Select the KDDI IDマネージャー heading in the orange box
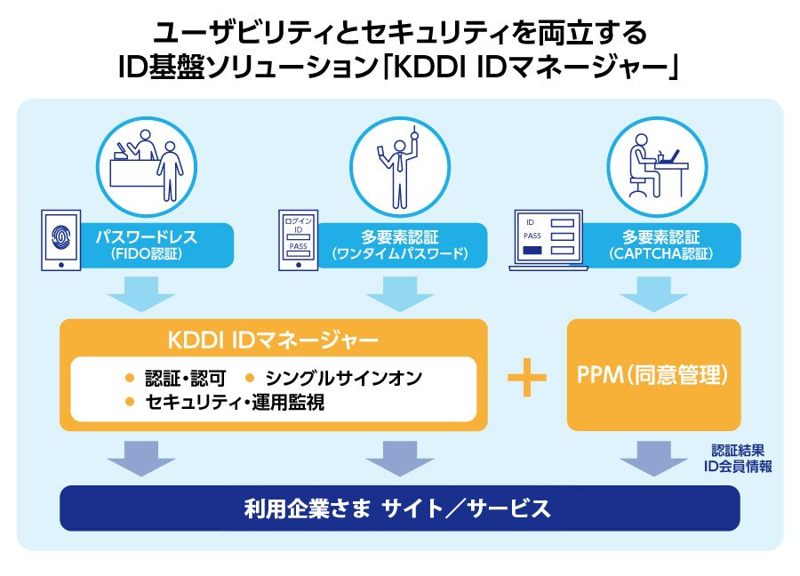pos(273,340)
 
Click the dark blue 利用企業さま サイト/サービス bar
pos(399,508)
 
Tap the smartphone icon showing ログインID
pos(298,238)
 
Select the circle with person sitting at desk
pos(651,163)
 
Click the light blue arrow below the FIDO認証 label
pos(140,292)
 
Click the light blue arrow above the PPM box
pos(653,292)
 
